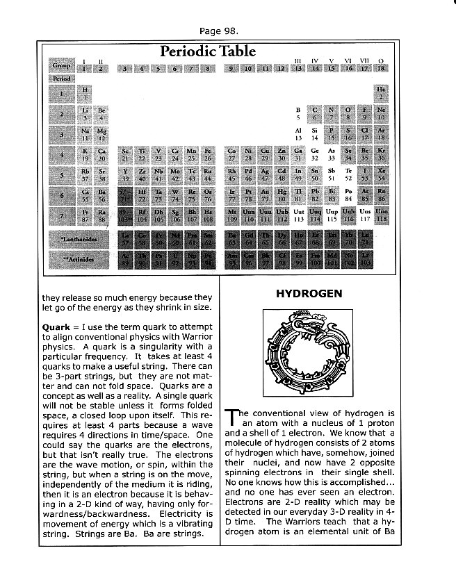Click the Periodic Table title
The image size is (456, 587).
pos(208,51)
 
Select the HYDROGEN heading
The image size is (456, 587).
pos(309,294)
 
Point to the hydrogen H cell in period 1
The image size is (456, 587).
pos(85,92)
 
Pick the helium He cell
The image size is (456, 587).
pos(381,92)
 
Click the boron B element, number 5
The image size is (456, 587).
pos(298,113)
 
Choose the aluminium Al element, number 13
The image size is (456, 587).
pos(298,133)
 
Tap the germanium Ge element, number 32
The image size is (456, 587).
pos(315,154)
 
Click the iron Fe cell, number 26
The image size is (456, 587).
pos(208,154)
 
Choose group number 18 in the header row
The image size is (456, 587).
pos(381,68)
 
